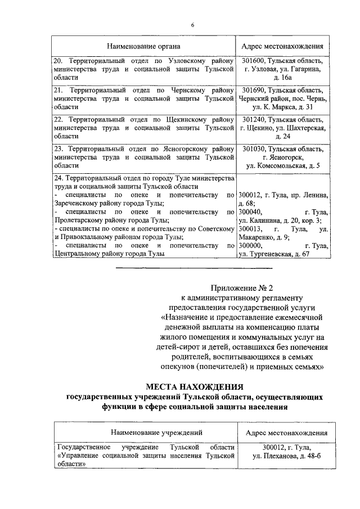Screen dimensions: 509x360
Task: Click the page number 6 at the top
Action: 192,25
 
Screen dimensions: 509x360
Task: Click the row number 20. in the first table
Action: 58,60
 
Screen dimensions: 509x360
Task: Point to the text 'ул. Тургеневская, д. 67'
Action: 274,255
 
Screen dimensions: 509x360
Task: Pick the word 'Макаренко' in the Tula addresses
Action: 256,237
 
